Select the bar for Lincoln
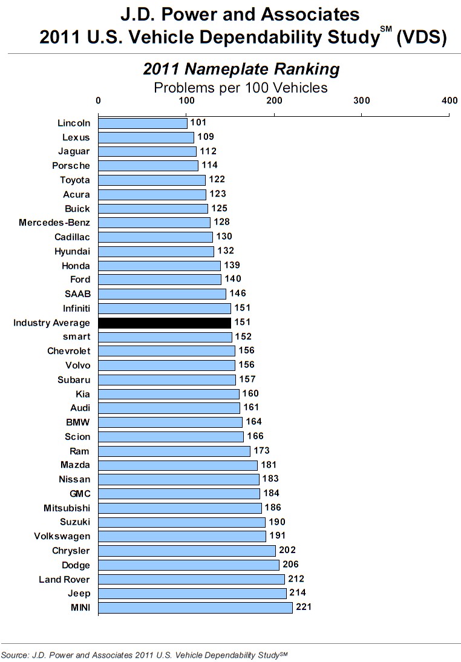(143, 123)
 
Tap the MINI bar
(195, 608)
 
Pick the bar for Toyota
(152, 180)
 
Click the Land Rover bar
(191, 579)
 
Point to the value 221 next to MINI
(304, 607)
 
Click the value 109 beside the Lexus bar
(206, 137)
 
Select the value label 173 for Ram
(261, 450)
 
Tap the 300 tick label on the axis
(362, 100)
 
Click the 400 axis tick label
(449, 100)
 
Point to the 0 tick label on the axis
(99, 100)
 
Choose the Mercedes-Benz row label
(54, 223)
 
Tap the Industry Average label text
(51, 323)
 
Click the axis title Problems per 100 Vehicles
(241, 87)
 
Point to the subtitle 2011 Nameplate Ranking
(241, 69)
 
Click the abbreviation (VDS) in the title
(422, 37)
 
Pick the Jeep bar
(192, 594)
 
